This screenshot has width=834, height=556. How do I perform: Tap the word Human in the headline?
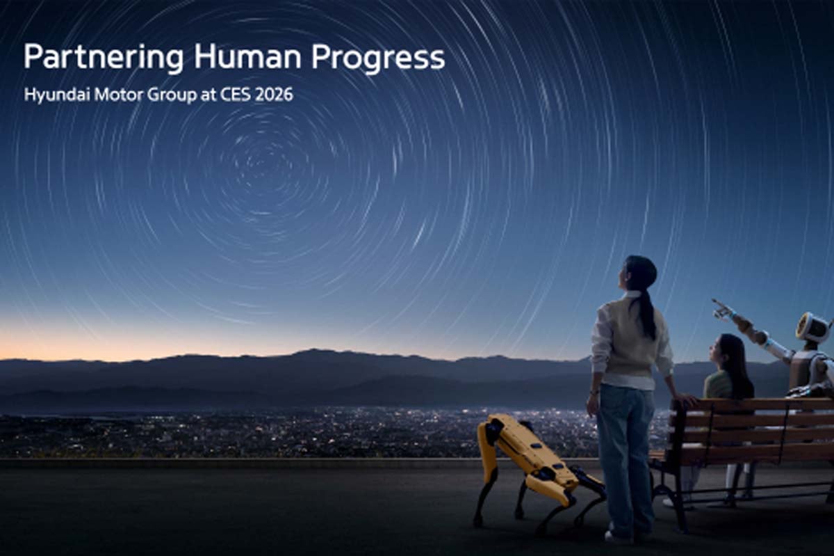pos(248,57)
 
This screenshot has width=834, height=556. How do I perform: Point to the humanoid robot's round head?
pos(812,327)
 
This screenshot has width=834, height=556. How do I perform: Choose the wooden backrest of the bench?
pos(751,421)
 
